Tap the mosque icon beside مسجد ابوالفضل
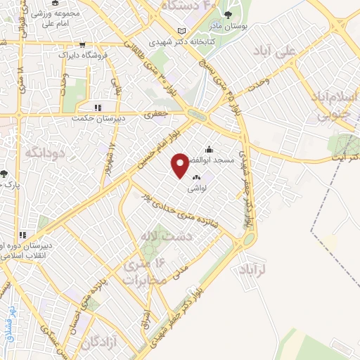coord(208,149)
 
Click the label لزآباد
coord(250,270)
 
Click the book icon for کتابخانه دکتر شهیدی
coord(183,32)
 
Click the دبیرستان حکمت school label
coord(98,119)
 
